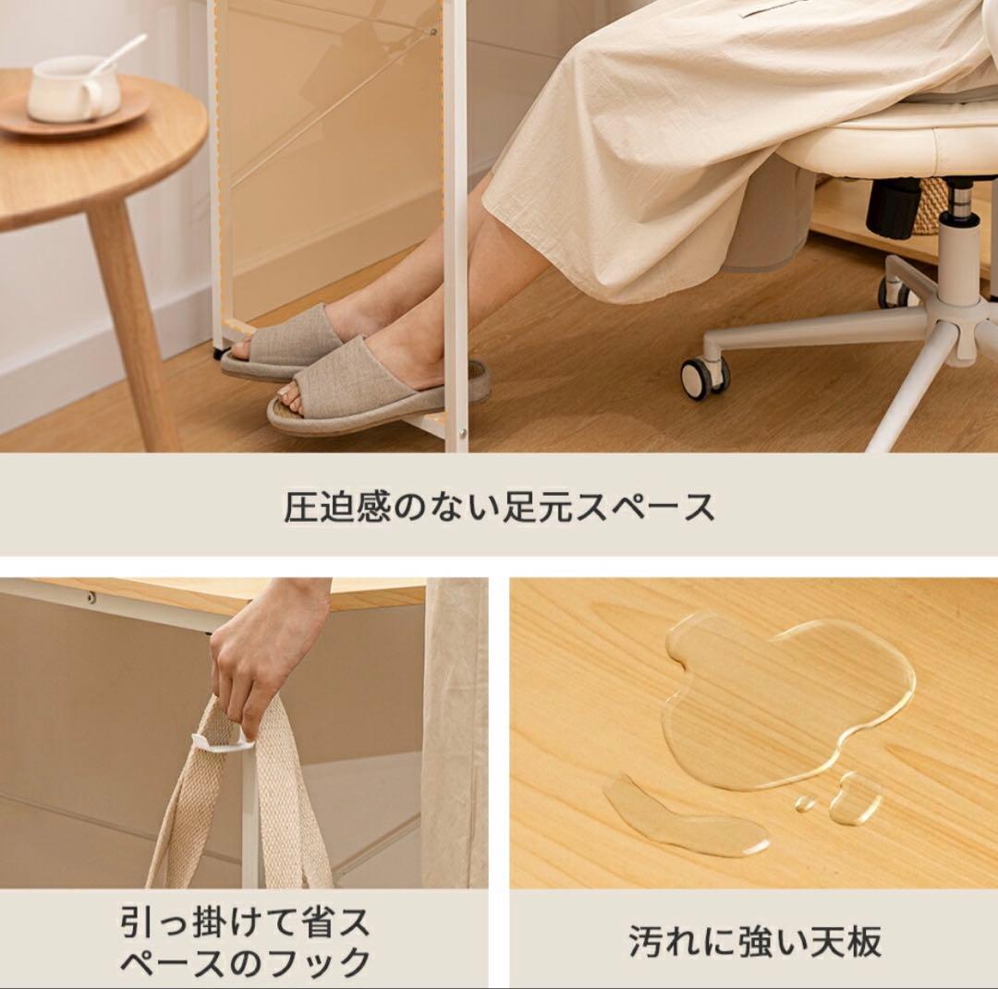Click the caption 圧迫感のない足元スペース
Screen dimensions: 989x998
point(499,507)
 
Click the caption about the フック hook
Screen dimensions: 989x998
point(245,941)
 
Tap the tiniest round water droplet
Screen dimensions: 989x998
point(805,802)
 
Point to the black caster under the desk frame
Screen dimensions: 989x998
point(220,352)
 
